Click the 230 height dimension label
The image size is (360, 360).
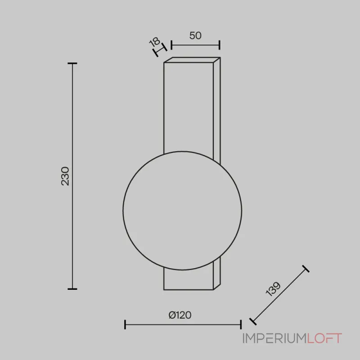point(66,176)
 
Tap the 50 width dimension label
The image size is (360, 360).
point(195,36)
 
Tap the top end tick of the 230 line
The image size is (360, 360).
point(72,63)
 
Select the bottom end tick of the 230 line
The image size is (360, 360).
point(72,288)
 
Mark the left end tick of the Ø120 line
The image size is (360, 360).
point(125,324)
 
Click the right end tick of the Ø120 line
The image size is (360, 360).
point(241,324)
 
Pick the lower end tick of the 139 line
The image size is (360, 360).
point(253,321)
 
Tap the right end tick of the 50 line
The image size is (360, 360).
point(220,45)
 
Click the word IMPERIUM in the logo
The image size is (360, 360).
point(274,338)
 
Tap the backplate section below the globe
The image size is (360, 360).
point(189,279)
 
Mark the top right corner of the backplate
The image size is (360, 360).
point(220,58)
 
